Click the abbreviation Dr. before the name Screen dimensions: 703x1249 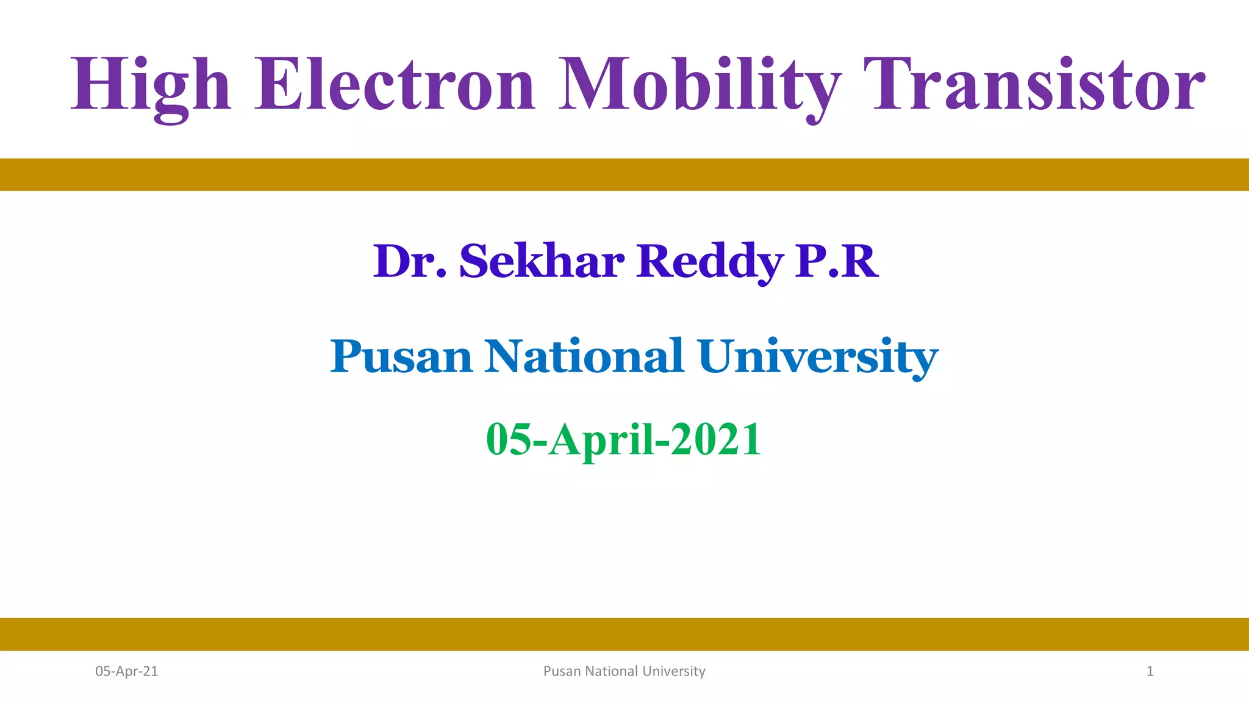point(409,261)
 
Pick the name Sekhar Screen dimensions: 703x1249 point(542,261)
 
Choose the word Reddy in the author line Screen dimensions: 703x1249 point(709,261)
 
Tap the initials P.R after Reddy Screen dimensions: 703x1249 point(836,261)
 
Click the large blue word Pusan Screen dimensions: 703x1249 point(401,356)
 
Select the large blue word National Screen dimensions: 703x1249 point(584,356)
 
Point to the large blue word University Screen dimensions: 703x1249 point(818,356)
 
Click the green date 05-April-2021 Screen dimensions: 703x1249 point(623,439)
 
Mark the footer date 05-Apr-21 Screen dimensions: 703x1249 point(126,671)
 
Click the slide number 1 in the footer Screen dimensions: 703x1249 point(1150,671)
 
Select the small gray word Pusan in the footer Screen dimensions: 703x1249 point(562,671)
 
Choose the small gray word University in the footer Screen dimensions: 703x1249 point(674,671)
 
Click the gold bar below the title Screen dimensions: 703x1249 point(624,175)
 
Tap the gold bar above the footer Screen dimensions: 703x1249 point(624,634)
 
